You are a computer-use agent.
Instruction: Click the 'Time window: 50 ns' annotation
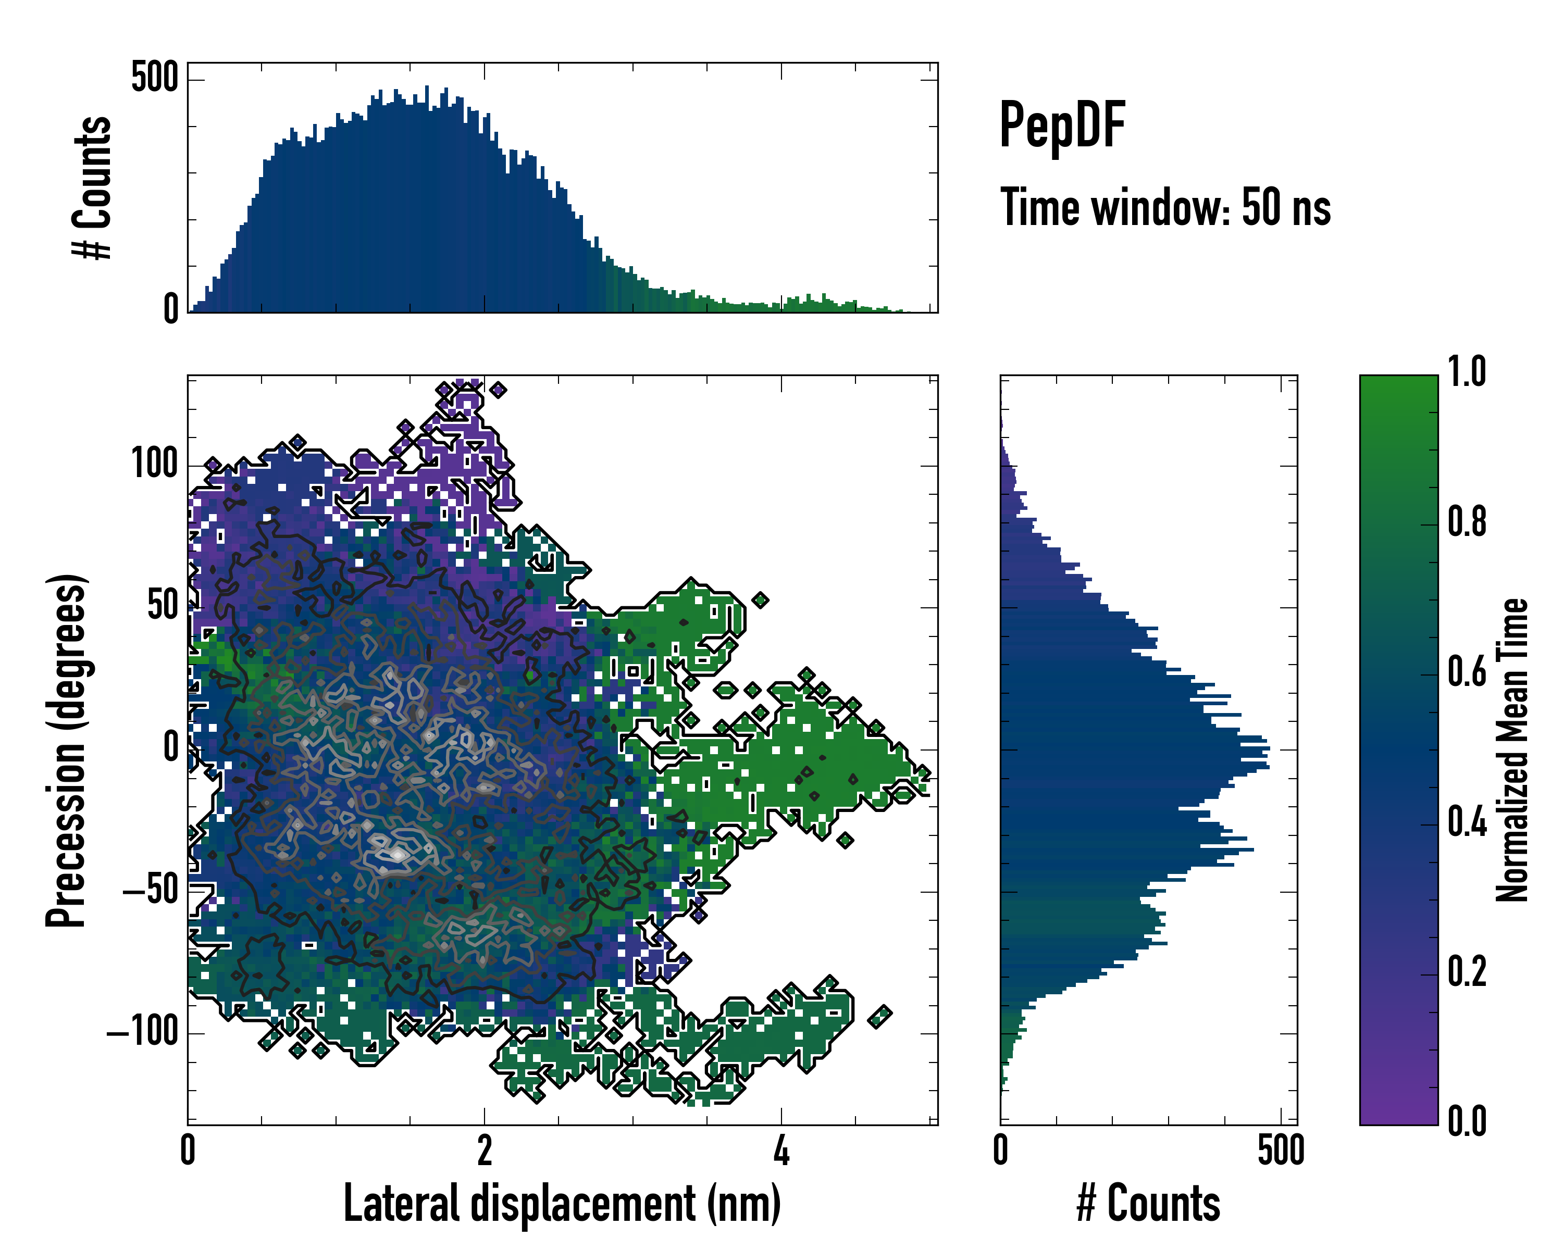(x=1165, y=207)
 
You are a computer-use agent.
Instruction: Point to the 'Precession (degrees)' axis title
(x=67, y=750)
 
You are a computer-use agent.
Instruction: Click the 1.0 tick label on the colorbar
(x=1467, y=372)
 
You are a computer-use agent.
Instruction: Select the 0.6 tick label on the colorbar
(x=1467, y=672)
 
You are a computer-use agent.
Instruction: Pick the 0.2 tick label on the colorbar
(x=1467, y=972)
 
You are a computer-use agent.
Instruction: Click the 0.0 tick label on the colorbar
(x=1467, y=1121)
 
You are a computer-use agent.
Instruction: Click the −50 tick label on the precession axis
(x=150, y=890)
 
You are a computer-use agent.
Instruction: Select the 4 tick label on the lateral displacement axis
(x=781, y=1151)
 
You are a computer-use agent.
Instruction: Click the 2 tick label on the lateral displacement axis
(x=484, y=1151)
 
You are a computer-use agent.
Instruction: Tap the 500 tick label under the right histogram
(x=1281, y=1151)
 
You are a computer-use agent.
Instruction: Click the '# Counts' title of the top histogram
(x=92, y=187)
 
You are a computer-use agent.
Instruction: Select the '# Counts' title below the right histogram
(x=1148, y=1203)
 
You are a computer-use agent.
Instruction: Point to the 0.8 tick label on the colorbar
(x=1467, y=522)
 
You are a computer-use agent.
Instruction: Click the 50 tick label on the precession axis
(x=163, y=606)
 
